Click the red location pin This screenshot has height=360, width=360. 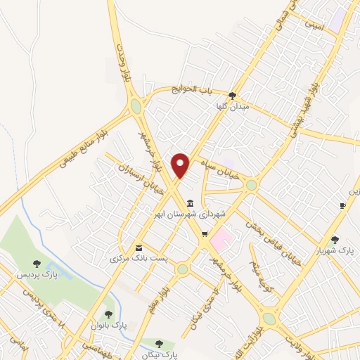coord(181,165)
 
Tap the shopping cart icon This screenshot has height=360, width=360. coord(205,235)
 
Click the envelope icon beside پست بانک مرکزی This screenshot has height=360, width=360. coord(139,248)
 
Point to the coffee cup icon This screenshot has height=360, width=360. coord(342,205)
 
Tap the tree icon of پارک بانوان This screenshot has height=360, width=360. coord(108,314)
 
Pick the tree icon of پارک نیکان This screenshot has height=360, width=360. coord(160,344)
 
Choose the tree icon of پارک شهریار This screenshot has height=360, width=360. coord(335,239)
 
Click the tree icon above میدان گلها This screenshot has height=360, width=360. coord(232,96)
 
